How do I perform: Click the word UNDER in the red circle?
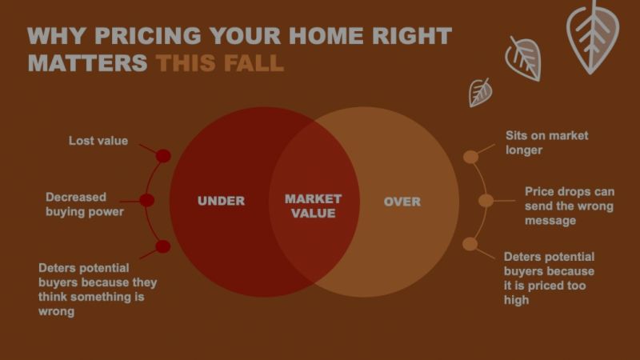pos(221,201)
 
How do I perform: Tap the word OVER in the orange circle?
pos(402,201)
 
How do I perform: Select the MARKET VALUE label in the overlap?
pos(313,206)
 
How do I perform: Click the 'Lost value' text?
pos(98,141)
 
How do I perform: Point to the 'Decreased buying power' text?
pos(84,204)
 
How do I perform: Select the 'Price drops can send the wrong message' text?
pos(569,206)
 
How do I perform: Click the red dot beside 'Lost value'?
pos(163,156)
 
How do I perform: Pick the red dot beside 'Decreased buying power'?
pos(147,200)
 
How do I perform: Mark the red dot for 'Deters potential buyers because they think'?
pos(163,246)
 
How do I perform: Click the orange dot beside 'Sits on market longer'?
pos(471,156)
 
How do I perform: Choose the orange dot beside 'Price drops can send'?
pos(486,200)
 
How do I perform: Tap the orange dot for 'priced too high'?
pos(470,244)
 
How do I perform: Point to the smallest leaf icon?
pos(480,92)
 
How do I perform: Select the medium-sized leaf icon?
pos(523,58)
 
